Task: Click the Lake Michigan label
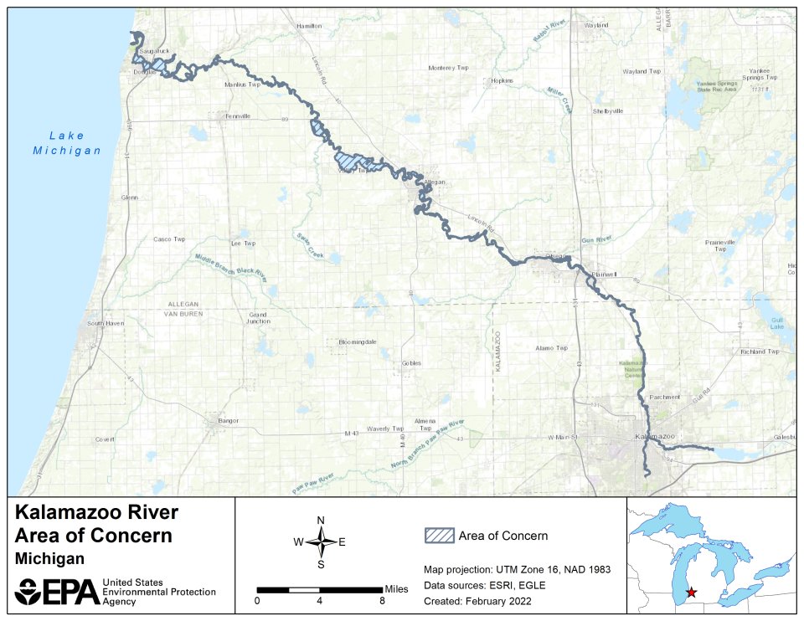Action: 67,143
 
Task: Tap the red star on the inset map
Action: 691,592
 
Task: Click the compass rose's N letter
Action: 321,521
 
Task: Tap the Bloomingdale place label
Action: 358,342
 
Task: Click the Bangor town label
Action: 228,420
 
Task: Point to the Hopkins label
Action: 502,81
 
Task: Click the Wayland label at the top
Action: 596,26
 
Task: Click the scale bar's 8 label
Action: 382,600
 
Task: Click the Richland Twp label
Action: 759,352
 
